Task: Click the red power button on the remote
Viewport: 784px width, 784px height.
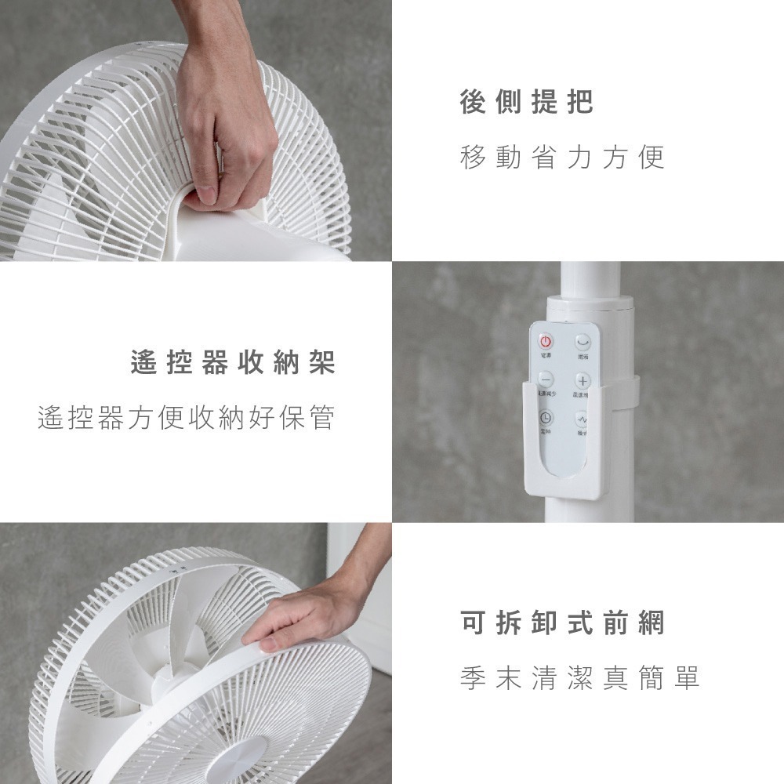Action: tap(545, 342)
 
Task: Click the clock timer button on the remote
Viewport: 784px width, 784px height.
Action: tap(545, 418)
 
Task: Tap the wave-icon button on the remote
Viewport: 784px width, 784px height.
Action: tap(582, 418)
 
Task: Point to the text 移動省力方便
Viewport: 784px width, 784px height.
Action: tap(562, 158)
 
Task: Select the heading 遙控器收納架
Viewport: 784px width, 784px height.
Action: tap(233, 363)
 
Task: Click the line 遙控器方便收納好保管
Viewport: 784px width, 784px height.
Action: tap(187, 418)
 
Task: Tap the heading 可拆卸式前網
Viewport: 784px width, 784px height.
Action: tap(562, 623)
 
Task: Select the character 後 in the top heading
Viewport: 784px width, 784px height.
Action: tap(473, 103)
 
